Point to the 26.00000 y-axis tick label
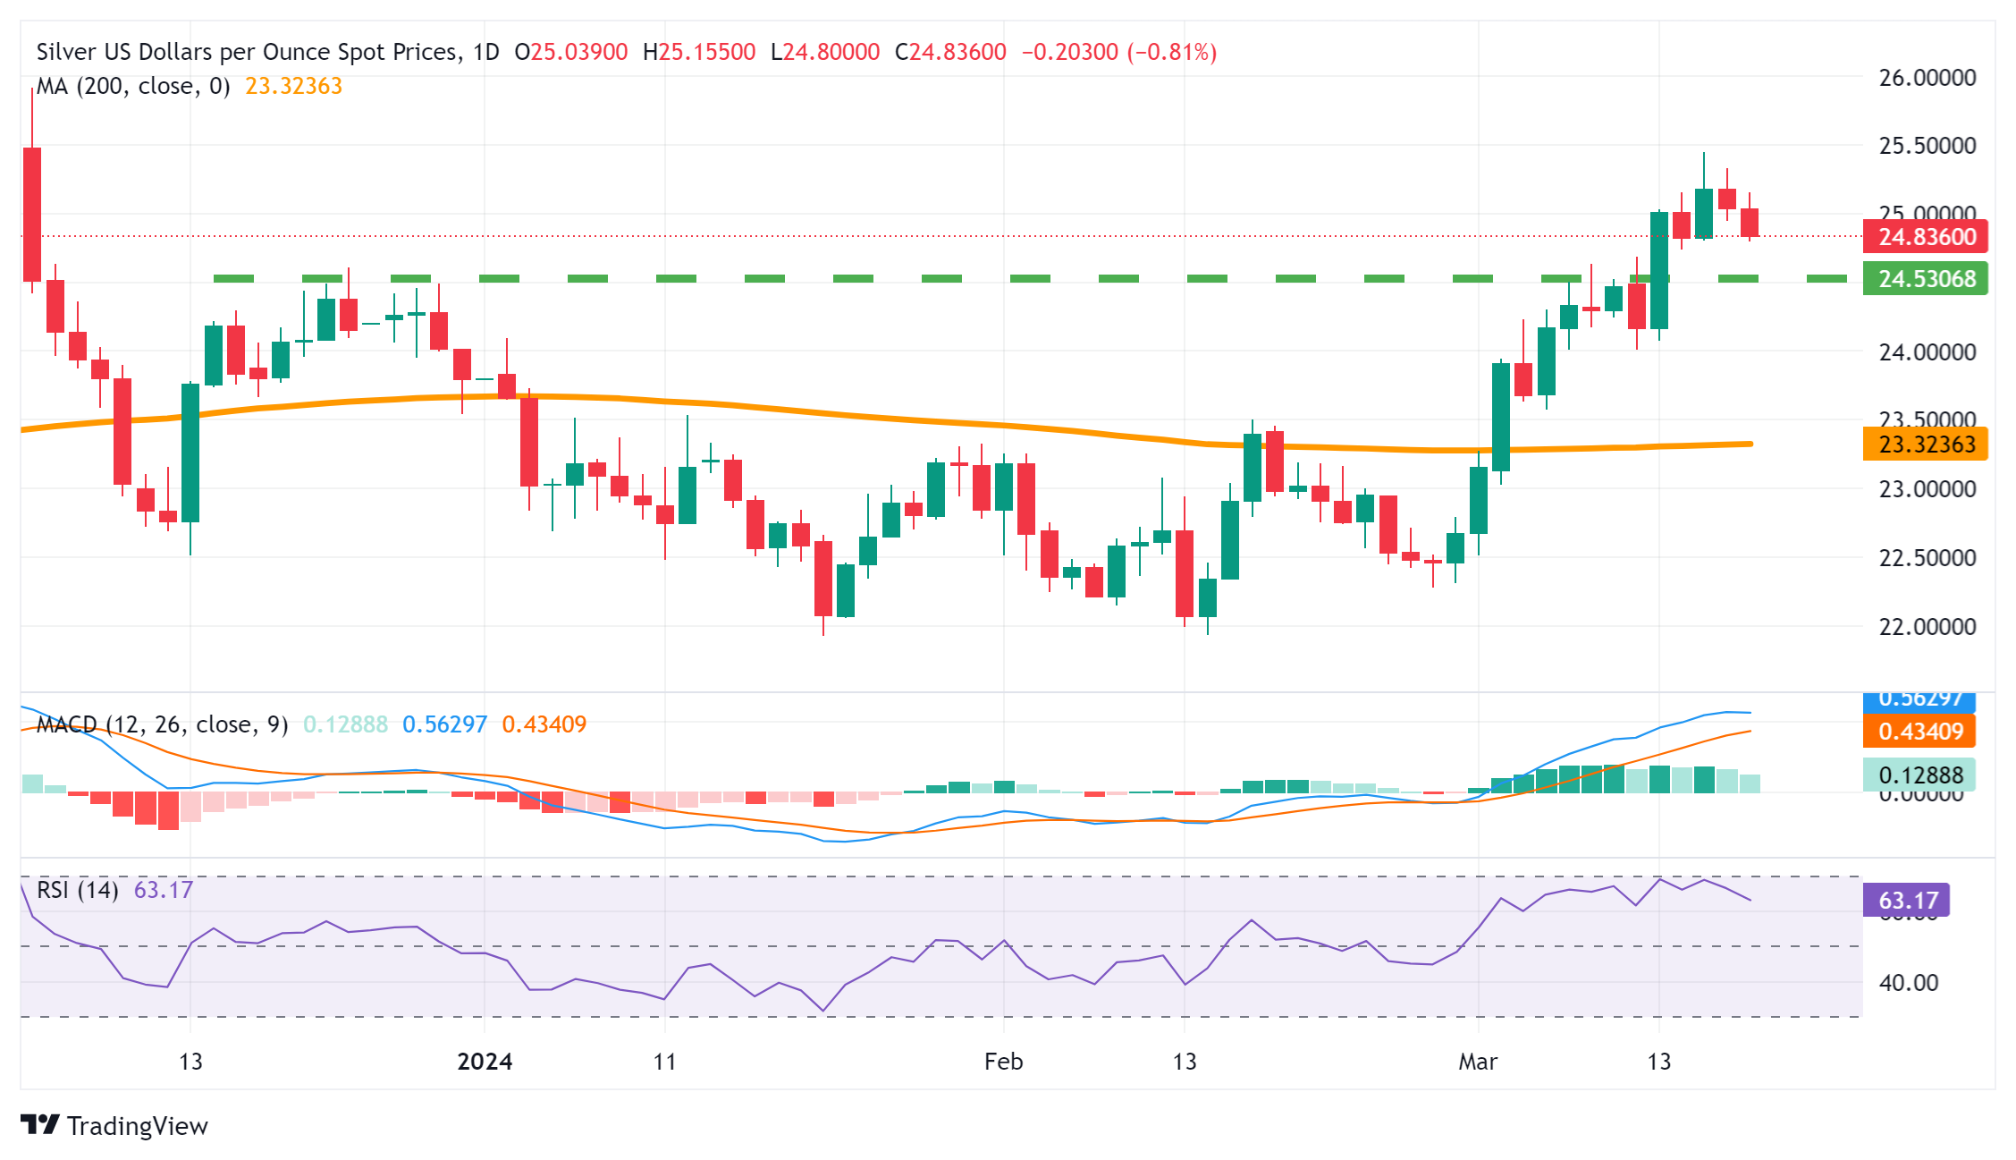pyautogui.click(x=1927, y=78)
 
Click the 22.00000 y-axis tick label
pyautogui.click(x=1927, y=627)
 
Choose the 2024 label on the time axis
pyautogui.click(x=485, y=1062)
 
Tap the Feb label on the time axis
pyautogui.click(x=1003, y=1062)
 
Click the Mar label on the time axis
pyautogui.click(x=1478, y=1062)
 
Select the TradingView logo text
pyautogui.click(x=137, y=1126)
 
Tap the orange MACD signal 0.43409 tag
pyautogui.click(x=1919, y=732)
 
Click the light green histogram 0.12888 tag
pyautogui.click(x=1919, y=775)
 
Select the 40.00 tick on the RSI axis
pyautogui.click(x=1908, y=983)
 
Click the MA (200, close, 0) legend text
pyautogui.click(x=133, y=86)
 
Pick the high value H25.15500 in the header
pyautogui.click(x=699, y=52)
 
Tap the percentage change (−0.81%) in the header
pyautogui.click(x=1171, y=52)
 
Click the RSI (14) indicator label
pyautogui.click(x=78, y=890)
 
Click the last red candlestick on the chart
pyautogui.click(x=1750, y=223)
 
